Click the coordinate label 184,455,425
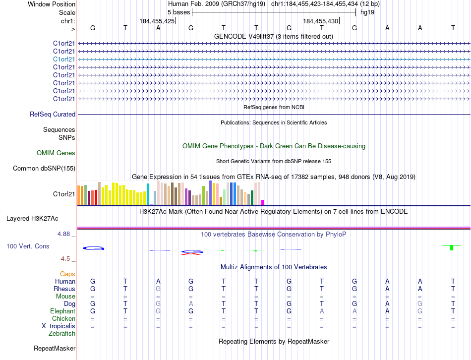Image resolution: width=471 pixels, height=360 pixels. point(157,21)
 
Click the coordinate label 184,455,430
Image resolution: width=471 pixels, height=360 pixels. point(320,21)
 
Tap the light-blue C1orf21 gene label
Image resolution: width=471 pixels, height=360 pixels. point(64,59)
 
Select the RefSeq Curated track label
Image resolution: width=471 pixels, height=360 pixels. point(53,115)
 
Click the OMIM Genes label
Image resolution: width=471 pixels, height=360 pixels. point(56,153)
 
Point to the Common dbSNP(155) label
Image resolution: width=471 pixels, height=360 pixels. point(44,169)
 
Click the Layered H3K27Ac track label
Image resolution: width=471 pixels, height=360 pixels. point(32,218)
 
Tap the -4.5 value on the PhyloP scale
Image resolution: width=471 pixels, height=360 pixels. point(67,259)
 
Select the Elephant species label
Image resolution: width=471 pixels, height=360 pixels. point(63,311)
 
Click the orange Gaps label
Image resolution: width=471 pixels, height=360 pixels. point(67,274)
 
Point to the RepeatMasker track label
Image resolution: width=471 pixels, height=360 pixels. point(55,349)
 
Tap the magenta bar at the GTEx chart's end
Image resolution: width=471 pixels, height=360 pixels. point(262,202)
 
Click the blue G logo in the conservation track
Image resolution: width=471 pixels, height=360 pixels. point(93,248)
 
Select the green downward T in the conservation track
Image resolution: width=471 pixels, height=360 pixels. point(451,247)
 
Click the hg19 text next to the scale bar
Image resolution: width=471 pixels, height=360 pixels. point(367,12)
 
